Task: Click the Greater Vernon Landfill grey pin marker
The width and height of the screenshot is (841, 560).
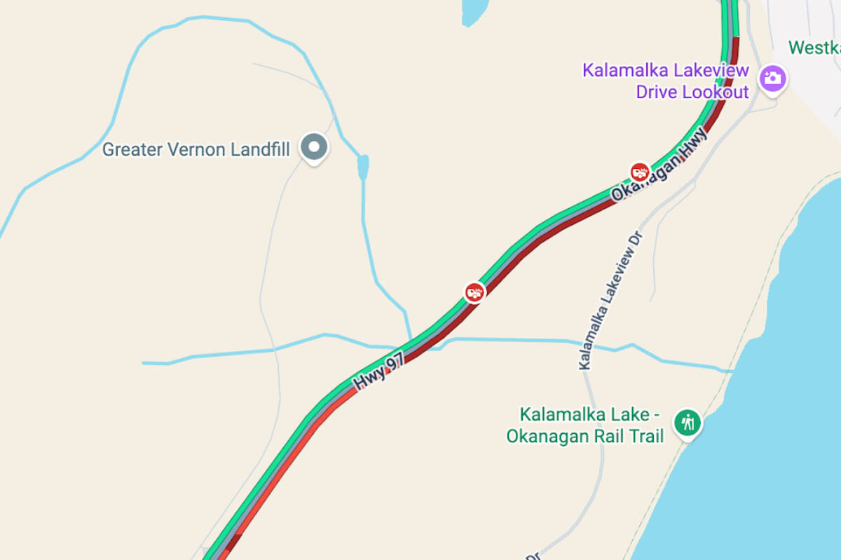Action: click(x=314, y=147)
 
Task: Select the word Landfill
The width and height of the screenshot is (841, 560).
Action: click(x=260, y=149)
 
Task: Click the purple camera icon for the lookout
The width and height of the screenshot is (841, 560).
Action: click(x=773, y=78)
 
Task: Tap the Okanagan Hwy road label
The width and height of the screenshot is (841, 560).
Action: click(x=658, y=164)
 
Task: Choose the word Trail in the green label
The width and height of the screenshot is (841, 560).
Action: click(x=643, y=436)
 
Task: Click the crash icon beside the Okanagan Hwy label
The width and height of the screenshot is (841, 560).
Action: click(x=638, y=171)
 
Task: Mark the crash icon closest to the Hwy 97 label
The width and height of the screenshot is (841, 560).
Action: click(x=474, y=292)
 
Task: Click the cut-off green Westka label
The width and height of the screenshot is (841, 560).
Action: click(x=814, y=48)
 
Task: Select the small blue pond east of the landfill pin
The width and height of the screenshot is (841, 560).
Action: click(x=362, y=167)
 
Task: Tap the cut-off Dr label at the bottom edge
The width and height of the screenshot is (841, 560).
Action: click(x=534, y=555)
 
